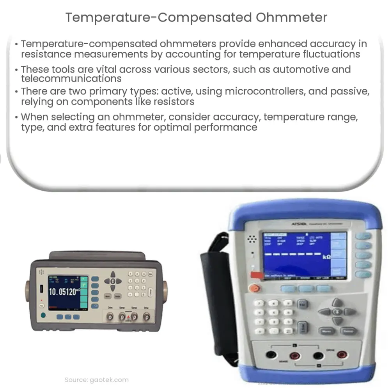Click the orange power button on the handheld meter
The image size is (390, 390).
tap(255, 289)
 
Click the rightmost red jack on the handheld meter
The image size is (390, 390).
tap(342, 355)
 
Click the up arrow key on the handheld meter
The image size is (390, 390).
tap(337, 302)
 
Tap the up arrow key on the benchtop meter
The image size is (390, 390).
tap(113, 274)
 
